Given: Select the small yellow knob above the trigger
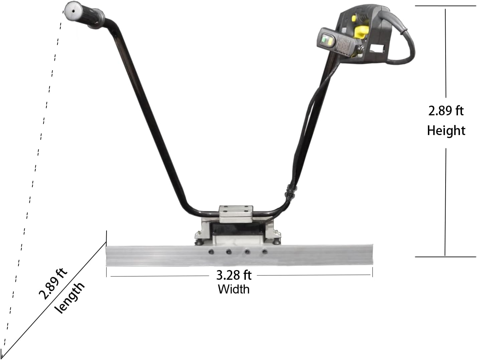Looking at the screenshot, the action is (354, 18).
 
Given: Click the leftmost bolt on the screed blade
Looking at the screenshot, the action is (210, 252).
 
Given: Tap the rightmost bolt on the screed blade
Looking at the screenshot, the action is (264, 252).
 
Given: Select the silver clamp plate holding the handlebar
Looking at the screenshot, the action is (236, 214).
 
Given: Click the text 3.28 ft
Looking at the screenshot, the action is (233, 275).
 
